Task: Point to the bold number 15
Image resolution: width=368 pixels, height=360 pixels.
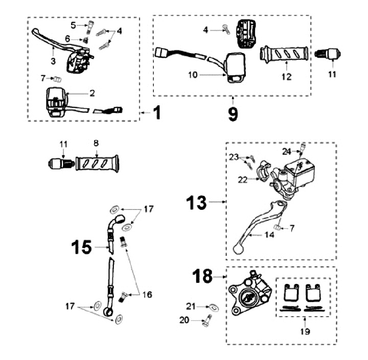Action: click(x=80, y=248)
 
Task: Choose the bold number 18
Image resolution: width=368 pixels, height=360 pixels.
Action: click(x=203, y=277)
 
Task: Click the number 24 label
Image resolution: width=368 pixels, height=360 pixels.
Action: click(x=287, y=151)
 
